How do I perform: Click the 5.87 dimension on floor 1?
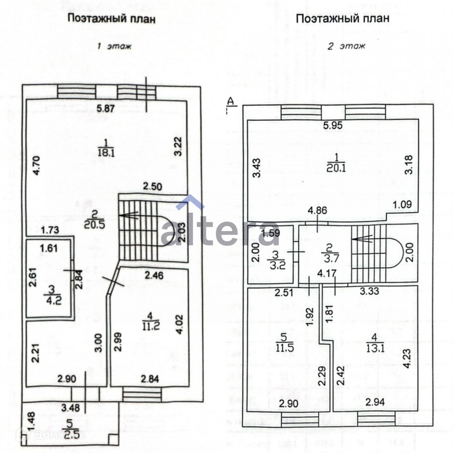(105, 108)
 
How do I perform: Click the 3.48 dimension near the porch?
(70, 407)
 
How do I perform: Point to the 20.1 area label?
(335, 168)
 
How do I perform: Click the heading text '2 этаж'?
(346, 46)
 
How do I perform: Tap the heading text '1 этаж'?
(114, 46)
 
